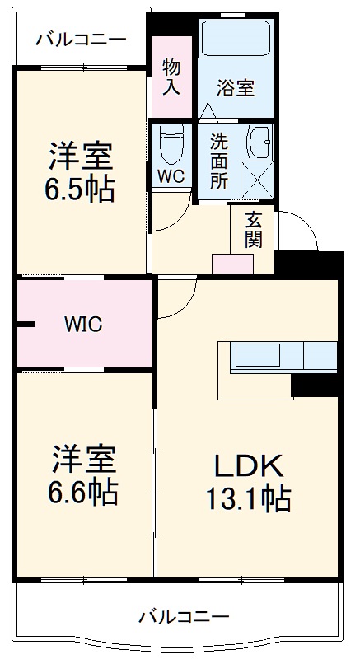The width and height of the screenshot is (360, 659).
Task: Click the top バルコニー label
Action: coord(81,39)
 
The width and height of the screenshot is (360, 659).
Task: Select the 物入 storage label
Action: coord(171,77)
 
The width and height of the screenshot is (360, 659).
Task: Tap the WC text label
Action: coord(171,175)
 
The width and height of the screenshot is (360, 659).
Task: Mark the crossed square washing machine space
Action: coord(256,177)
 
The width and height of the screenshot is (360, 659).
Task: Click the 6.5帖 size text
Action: coord(81,189)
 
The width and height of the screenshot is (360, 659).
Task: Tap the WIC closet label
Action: coord(83,325)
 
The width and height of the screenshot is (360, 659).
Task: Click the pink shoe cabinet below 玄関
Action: coord(233,264)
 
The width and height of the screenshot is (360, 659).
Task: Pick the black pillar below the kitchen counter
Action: coord(315,383)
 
